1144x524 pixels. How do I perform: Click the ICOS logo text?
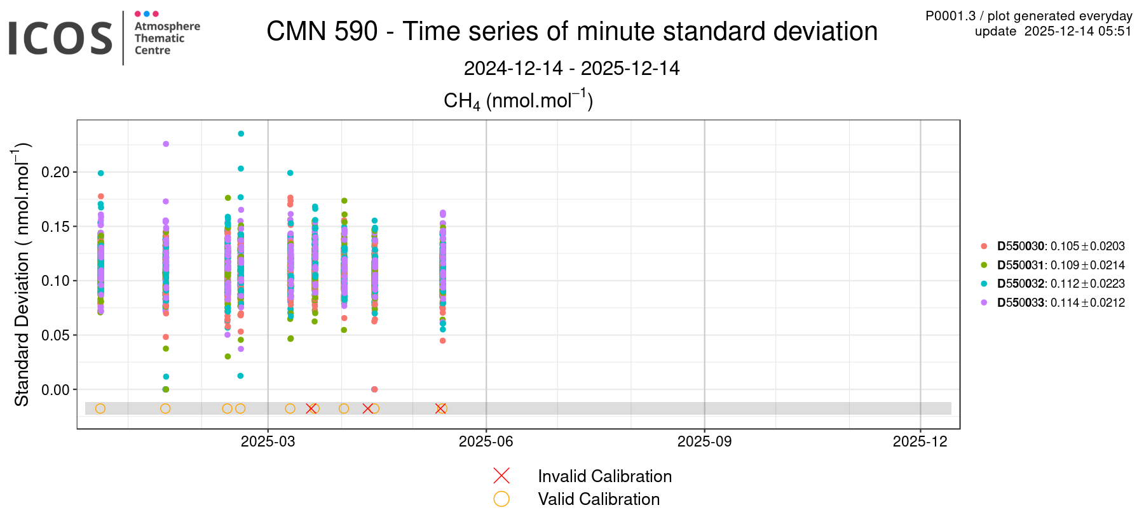pyautogui.click(x=60, y=38)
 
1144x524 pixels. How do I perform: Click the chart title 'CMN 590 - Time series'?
pyautogui.click(x=571, y=31)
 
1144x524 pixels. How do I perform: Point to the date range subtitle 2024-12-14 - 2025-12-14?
pyautogui.click(x=571, y=68)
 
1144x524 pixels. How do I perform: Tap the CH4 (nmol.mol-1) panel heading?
pyautogui.click(x=518, y=100)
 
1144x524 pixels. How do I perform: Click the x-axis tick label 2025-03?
pyautogui.click(x=268, y=441)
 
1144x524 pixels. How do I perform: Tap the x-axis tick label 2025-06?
pyautogui.click(x=486, y=441)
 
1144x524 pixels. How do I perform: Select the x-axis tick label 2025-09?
pyautogui.click(x=704, y=441)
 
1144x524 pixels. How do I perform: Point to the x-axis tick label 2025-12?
pyautogui.click(x=920, y=441)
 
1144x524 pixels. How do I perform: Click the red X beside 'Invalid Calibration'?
pyautogui.click(x=501, y=476)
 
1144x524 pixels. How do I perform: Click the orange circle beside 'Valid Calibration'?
pyautogui.click(x=501, y=499)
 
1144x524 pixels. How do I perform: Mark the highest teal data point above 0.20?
pyautogui.click(x=241, y=133)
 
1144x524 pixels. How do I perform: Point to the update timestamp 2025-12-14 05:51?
pyautogui.click(x=1078, y=31)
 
